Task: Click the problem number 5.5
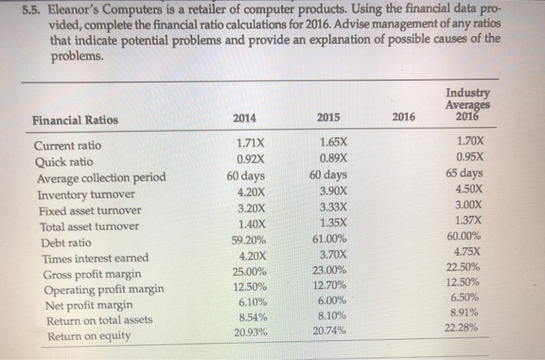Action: [34, 11]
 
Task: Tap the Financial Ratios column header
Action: [76, 121]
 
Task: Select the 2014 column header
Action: [245, 117]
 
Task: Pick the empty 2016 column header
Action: [403, 117]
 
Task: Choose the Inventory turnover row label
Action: [85, 194]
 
